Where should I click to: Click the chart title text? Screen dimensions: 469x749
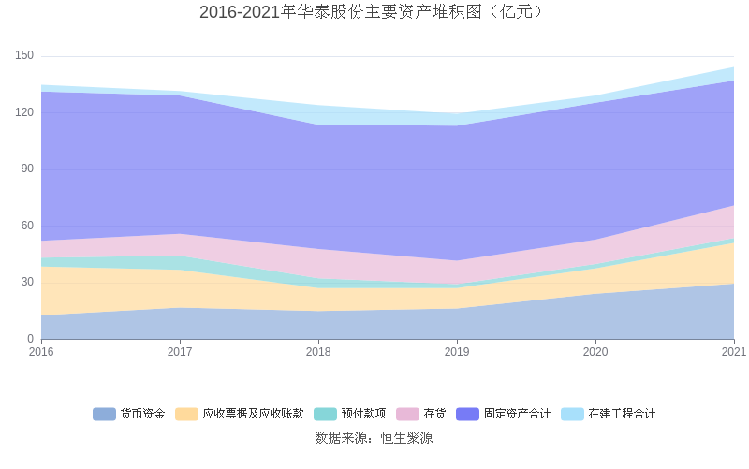pos(374,12)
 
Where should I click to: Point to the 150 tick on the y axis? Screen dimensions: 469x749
pos(24,56)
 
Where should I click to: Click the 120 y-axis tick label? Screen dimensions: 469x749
pos(24,112)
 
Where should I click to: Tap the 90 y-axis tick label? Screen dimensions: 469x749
pos(27,169)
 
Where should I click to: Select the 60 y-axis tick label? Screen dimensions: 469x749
pos(27,226)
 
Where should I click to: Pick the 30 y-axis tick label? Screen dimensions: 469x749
pos(27,282)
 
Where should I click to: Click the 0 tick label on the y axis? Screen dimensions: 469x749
pos(30,339)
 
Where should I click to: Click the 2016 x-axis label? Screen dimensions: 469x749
pos(41,352)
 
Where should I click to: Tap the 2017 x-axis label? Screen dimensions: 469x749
pos(180,352)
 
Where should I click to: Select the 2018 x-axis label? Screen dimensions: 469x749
pos(318,352)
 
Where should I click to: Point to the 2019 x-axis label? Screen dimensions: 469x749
pos(457,352)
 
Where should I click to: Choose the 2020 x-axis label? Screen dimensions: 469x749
pos(595,352)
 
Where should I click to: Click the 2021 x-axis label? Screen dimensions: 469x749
pos(733,352)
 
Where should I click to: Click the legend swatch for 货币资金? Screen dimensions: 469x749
pos(104,414)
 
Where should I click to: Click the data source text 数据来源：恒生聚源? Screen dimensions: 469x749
pos(374,437)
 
